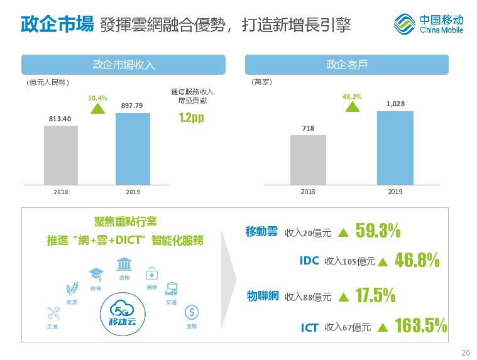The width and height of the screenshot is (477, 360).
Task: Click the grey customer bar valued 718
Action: coord(308,160)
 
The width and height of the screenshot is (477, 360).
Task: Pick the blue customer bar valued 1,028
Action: coord(395,148)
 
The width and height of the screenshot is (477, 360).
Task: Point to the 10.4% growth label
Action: coord(97,98)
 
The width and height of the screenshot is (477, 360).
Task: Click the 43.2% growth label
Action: coord(352,97)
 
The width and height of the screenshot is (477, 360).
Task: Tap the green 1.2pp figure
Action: coord(191,117)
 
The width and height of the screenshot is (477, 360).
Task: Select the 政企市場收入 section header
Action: coord(123,65)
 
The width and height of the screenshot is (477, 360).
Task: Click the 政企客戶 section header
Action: coord(346,65)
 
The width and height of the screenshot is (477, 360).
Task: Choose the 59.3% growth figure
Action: coord(378,231)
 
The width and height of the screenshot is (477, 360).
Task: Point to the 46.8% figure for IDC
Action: coord(417,260)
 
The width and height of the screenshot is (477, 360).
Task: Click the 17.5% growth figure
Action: coord(375,295)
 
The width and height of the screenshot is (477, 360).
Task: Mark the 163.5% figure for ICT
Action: coord(420,325)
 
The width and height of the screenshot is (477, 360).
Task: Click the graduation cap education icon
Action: coord(96,274)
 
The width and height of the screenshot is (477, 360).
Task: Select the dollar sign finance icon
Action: coord(192,312)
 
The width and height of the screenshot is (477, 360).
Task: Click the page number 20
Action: coord(465,352)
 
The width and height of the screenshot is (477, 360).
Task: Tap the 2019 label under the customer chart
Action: coord(395,192)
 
